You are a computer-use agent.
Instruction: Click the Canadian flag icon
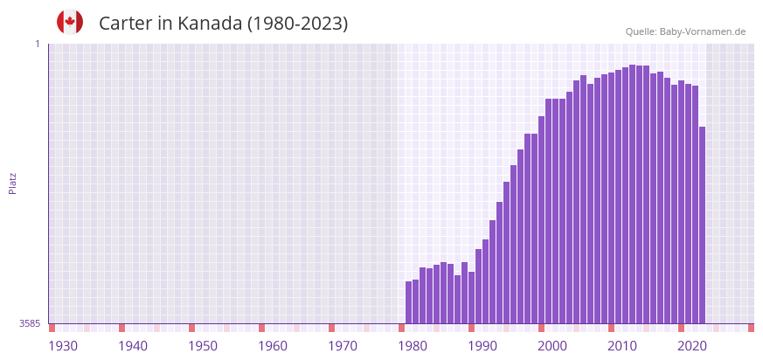click(70, 22)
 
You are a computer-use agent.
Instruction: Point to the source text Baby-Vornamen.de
click(703, 31)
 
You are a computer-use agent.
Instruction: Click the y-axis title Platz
click(12, 183)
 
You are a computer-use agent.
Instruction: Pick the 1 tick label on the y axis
click(38, 44)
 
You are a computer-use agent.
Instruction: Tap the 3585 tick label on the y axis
click(30, 323)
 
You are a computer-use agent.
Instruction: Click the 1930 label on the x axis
click(63, 346)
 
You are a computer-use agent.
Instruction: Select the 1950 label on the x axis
click(203, 346)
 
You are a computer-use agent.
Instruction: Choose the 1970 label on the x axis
click(343, 346)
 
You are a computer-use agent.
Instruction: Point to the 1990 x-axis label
click(482, 346)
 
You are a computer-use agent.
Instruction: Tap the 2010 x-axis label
click(622, 346)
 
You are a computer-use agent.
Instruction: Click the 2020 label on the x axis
click(692, 346)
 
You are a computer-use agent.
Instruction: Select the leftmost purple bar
click(408, 302)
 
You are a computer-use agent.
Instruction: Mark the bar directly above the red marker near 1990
click(471, 297)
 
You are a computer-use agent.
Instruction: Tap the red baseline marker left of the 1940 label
click(121, 328)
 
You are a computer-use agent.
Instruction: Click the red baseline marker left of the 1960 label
click(261, 328)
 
